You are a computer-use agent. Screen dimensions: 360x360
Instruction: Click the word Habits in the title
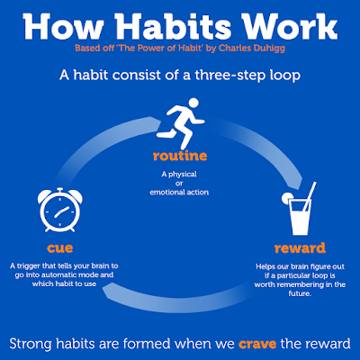[x=176, y=26]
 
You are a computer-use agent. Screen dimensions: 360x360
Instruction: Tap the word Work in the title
[x=291, y=26]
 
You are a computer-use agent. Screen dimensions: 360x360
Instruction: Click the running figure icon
[x=181, y=121]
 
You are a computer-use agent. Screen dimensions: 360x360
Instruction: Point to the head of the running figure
[x=193, y=103]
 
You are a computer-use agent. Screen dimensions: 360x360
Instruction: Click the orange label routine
[x=180, y=156]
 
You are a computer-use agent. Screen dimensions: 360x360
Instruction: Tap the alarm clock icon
[x=60, y=210]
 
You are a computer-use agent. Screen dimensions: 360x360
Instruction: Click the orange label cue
[x=60, y=248]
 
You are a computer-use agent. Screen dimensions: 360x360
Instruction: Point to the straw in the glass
[x=310, y=196]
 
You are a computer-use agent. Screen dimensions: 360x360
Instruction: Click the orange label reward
[x=300, y=248]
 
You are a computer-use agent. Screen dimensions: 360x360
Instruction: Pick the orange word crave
[x=257, y=344]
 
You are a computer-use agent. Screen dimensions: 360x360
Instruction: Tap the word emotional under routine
[x=165, y=193]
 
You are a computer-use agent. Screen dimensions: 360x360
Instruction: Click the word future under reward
[x=300, y=293]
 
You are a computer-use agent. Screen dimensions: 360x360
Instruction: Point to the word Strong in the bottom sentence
[x=31, y=344]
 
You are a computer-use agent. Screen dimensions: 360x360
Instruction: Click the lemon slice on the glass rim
[x=287, y=196]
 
